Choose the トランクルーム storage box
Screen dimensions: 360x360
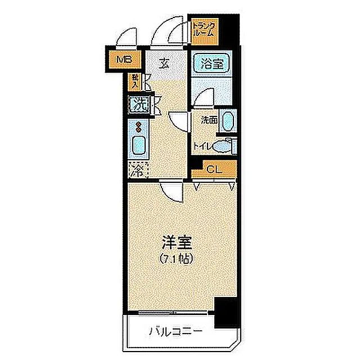(x=203, y=29)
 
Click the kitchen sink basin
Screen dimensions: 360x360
(x=138, y=146)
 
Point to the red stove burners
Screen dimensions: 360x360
(x=137, y=127)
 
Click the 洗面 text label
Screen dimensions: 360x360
(x=209, y=120)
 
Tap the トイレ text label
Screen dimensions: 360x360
(x=202, y=146)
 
